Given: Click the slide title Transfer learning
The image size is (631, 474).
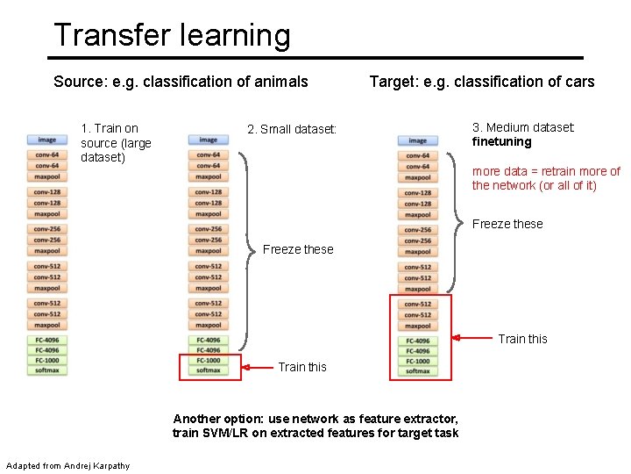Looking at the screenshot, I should [x=171, y=35].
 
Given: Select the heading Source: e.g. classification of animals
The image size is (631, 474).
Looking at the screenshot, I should [x=181, y=82].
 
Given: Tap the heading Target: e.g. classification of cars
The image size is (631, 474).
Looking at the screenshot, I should [x=481, y=82].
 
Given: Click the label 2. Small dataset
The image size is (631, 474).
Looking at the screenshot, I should [x=292, y=129].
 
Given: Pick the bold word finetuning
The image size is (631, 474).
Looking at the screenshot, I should [x=502, y=142].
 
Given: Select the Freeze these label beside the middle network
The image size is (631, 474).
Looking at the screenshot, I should [x=298, y=249].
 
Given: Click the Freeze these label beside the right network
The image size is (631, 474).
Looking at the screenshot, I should [x=507, y=224].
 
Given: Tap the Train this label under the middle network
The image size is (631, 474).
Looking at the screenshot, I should [x=301, y=367].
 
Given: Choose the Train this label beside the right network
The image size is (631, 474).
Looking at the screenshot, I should [x=522, y=339].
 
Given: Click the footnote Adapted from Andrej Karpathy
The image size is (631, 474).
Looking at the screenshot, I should [x=67, y=465].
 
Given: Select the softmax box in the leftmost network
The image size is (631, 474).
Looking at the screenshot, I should [x=46, y=370].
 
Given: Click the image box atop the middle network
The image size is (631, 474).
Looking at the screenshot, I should [x=208, y=140].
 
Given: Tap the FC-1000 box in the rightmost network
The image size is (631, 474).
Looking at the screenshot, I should [x=417, y=361].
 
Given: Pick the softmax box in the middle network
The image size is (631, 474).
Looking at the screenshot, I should [x=208, y=370].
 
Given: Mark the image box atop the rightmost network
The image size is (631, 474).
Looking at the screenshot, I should [x=417, y=140].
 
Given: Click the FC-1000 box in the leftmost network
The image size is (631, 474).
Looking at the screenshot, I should [x=46, y=360].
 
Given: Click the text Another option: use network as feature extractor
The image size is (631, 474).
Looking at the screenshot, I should [x=315, y=419].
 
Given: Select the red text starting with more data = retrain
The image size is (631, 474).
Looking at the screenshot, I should [x=546, y=178].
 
